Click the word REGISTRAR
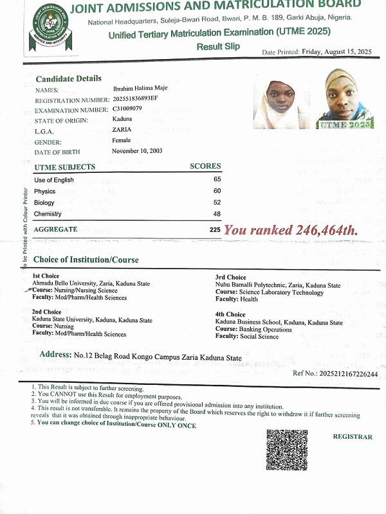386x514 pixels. click(x=352, y=437)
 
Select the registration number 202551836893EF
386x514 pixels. click(x=139, y=100)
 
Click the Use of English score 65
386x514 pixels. click(x=217, y=179)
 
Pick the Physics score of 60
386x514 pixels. click(x=217, y=191)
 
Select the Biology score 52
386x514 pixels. click(x=217, y=202)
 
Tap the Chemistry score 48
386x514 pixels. click(x=217, y=213)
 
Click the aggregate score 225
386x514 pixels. click(x=215, y=229)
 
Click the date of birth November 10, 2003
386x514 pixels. click(x=137, y=151)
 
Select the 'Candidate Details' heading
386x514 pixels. click(x=68, y=78)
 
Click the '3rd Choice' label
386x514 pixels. click(x=230, y=278)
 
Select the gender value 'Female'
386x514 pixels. click(x=121, y=140)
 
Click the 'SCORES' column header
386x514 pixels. click(x=205, y=166)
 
